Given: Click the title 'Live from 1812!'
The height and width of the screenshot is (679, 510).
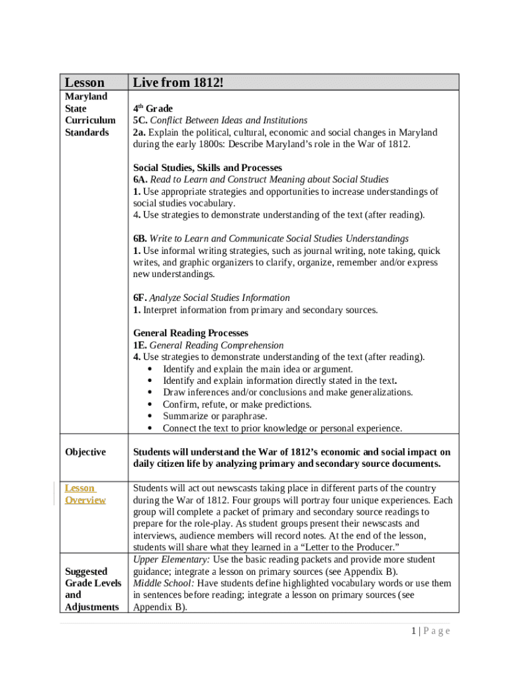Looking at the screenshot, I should (178, 82).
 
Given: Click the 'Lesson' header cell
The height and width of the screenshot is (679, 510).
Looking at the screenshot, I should (84, 82).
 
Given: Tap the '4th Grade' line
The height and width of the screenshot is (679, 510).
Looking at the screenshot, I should (153, 108).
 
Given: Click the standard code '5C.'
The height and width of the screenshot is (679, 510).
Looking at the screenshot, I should (140, 120).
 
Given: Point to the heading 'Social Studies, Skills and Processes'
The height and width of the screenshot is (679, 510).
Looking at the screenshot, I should (207, 168).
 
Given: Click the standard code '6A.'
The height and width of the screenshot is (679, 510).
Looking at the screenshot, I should (140, 179).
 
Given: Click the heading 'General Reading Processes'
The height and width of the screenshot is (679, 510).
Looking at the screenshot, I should (191, 333).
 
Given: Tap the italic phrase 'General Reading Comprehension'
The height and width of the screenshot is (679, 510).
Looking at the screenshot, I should (217, 345).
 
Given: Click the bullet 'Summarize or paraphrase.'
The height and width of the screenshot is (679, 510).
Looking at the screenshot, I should (215, 416).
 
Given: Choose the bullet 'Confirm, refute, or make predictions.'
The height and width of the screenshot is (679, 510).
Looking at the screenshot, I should (237, 404).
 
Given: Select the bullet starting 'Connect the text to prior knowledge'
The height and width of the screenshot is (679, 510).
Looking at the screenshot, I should (282, 428).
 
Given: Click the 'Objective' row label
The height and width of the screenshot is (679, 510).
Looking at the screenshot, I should (85, 452).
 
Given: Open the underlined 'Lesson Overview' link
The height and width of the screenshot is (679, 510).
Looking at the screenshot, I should (85, 494).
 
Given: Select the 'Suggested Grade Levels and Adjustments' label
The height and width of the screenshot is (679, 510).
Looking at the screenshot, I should (93, 589).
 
